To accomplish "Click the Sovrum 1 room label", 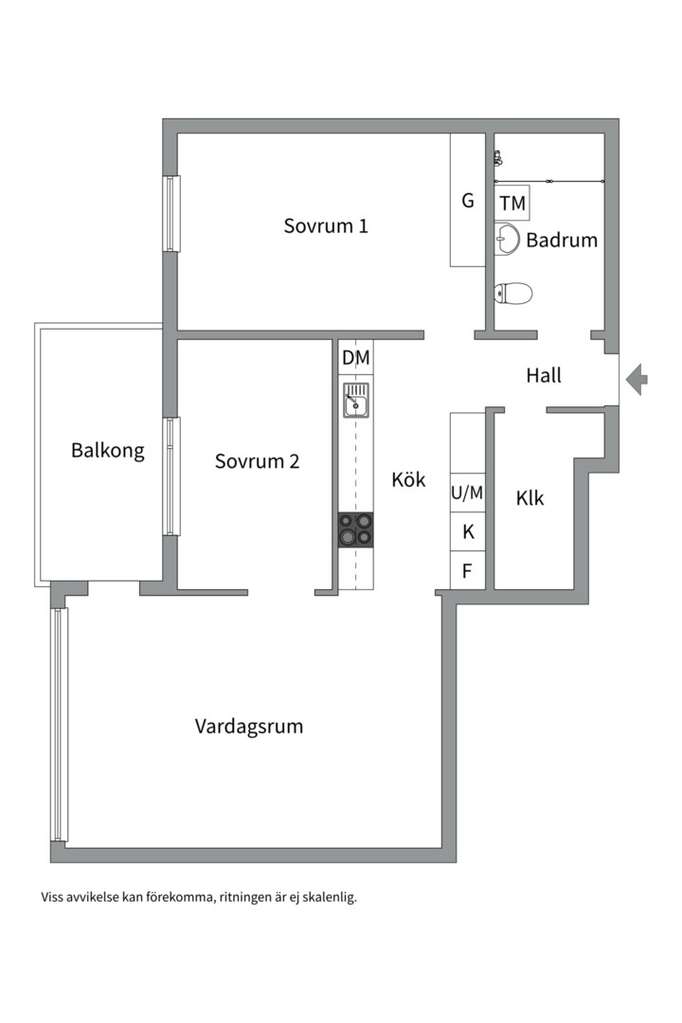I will click(x=325, y=226).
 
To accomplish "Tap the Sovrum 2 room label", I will click(x=257, y=461).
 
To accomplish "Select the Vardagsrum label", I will click(x=249, y=727).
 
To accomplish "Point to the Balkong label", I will click(x=108, y=450).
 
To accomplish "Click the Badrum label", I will click(x=562, y=240).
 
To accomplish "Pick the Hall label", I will click(x=544, y=375).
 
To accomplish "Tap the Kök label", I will click(x=408, y=479).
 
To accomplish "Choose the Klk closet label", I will click(x=530, y=497).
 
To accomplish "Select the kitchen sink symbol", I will click(x=356, y=401).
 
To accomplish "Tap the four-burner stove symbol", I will click(x=356, y=529).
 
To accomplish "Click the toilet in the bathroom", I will click(x=512, y=293).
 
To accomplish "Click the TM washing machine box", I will click(x=512, y=204).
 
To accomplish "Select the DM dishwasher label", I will click(x=356, y=357).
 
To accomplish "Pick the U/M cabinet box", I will click(x=467, y=493).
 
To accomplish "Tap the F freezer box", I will click(x=467, y=571).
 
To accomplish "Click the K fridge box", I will click(x=467, y=532).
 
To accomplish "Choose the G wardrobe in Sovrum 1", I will click(x=467, y=201).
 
